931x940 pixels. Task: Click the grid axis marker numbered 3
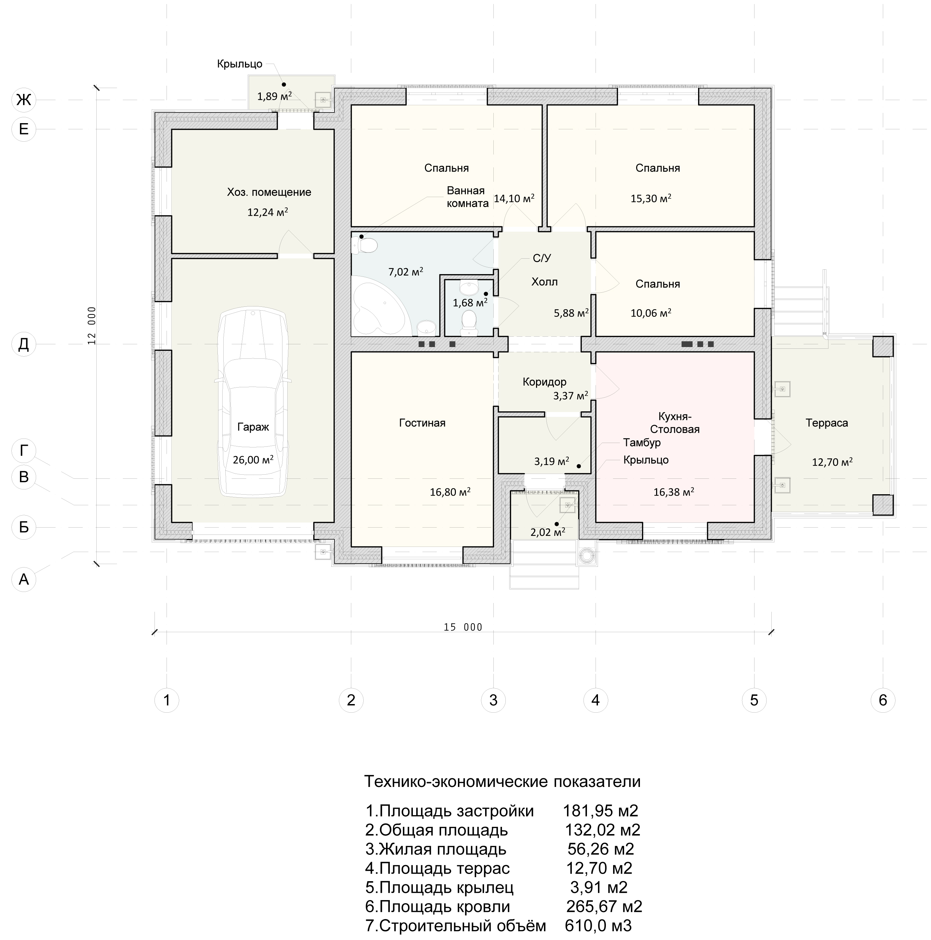pyautogui.click(x=493, y=700)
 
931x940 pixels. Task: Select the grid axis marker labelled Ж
pyautogui.click(x=24, y=100)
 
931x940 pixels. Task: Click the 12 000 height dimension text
pyautogui.click(x=92, y=325)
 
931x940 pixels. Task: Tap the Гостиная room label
pyautogui.click(x=422, y=423)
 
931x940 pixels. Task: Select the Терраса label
pyautogui.click(x=826, y=423)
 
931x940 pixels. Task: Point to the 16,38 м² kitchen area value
pyautogui.click(x=674, y=491)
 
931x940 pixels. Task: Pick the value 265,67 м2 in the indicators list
pyautogui.click(x=604, y=906)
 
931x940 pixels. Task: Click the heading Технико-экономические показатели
pyautogui.click(x=502, y=781)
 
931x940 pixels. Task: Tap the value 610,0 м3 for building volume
pyautogui.click(x=598, y=926)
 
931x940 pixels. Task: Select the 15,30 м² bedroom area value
pyautogui.click(x=651, y=198)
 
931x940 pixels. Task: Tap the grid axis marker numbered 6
pyautogui.click(x=883, y=700)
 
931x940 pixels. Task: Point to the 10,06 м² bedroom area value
pyautogui.click(x=651, y=313)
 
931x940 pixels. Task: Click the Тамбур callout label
pyautogui.click(x=642, y=443)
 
